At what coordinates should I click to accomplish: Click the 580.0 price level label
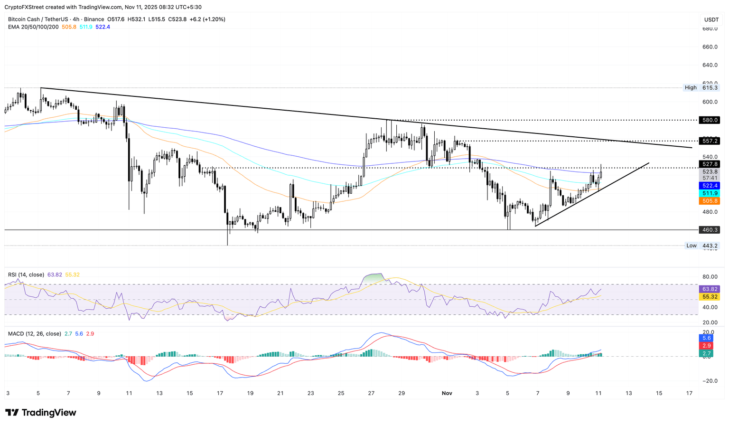710,120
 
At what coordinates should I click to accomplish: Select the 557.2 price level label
710,141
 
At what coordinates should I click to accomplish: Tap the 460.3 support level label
710,230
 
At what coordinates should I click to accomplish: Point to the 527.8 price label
710,164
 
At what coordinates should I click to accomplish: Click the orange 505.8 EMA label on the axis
710,201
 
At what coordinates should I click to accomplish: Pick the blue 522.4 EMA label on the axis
710,186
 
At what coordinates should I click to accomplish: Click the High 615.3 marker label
701,88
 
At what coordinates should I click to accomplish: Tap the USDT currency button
711,19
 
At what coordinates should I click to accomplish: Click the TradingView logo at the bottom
41,413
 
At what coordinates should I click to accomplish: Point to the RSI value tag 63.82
710,289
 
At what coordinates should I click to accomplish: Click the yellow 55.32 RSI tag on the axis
710,297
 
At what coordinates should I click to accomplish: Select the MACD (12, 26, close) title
35,334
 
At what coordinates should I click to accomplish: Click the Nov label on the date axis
447,393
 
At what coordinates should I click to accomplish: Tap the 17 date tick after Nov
689,393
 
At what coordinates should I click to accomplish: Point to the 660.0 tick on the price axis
710,47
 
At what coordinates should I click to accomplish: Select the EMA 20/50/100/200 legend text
33,27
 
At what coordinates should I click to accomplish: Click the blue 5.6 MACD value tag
706,338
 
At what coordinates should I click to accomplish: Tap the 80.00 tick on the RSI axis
710,277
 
